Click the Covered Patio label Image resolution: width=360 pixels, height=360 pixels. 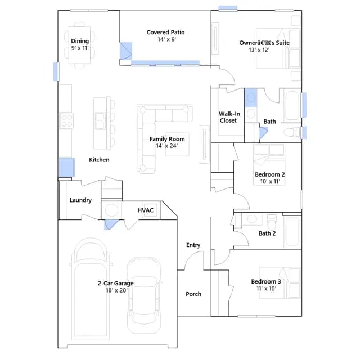(165, 33)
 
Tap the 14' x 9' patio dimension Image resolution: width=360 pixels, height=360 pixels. (167, 39)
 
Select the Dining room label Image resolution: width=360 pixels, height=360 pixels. (80, 41)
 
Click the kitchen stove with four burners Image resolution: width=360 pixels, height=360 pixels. (66, 121)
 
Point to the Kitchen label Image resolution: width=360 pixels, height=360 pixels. (99, 160)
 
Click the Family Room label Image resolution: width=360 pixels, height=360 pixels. (167, 139)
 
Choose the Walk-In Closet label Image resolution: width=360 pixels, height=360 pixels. (229, 117)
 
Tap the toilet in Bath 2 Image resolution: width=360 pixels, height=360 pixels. (272, 222)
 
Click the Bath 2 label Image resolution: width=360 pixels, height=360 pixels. (267, 233)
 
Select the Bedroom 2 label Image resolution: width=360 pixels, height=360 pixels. (270, 174)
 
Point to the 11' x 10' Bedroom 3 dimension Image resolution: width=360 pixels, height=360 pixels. (266, 289)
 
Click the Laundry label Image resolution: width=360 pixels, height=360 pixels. (80, 200)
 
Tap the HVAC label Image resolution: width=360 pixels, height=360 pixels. (146, 210)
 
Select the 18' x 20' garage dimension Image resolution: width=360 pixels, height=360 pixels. (116, 290)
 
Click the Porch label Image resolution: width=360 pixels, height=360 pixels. (193, 294)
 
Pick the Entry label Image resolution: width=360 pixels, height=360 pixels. (193, 245)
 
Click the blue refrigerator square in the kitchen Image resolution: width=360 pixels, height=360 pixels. (67, 167)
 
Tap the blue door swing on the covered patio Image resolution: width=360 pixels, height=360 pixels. (126, 51)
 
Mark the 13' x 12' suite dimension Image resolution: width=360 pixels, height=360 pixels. (259, 50)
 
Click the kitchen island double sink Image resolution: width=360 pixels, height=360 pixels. (100, 121)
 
